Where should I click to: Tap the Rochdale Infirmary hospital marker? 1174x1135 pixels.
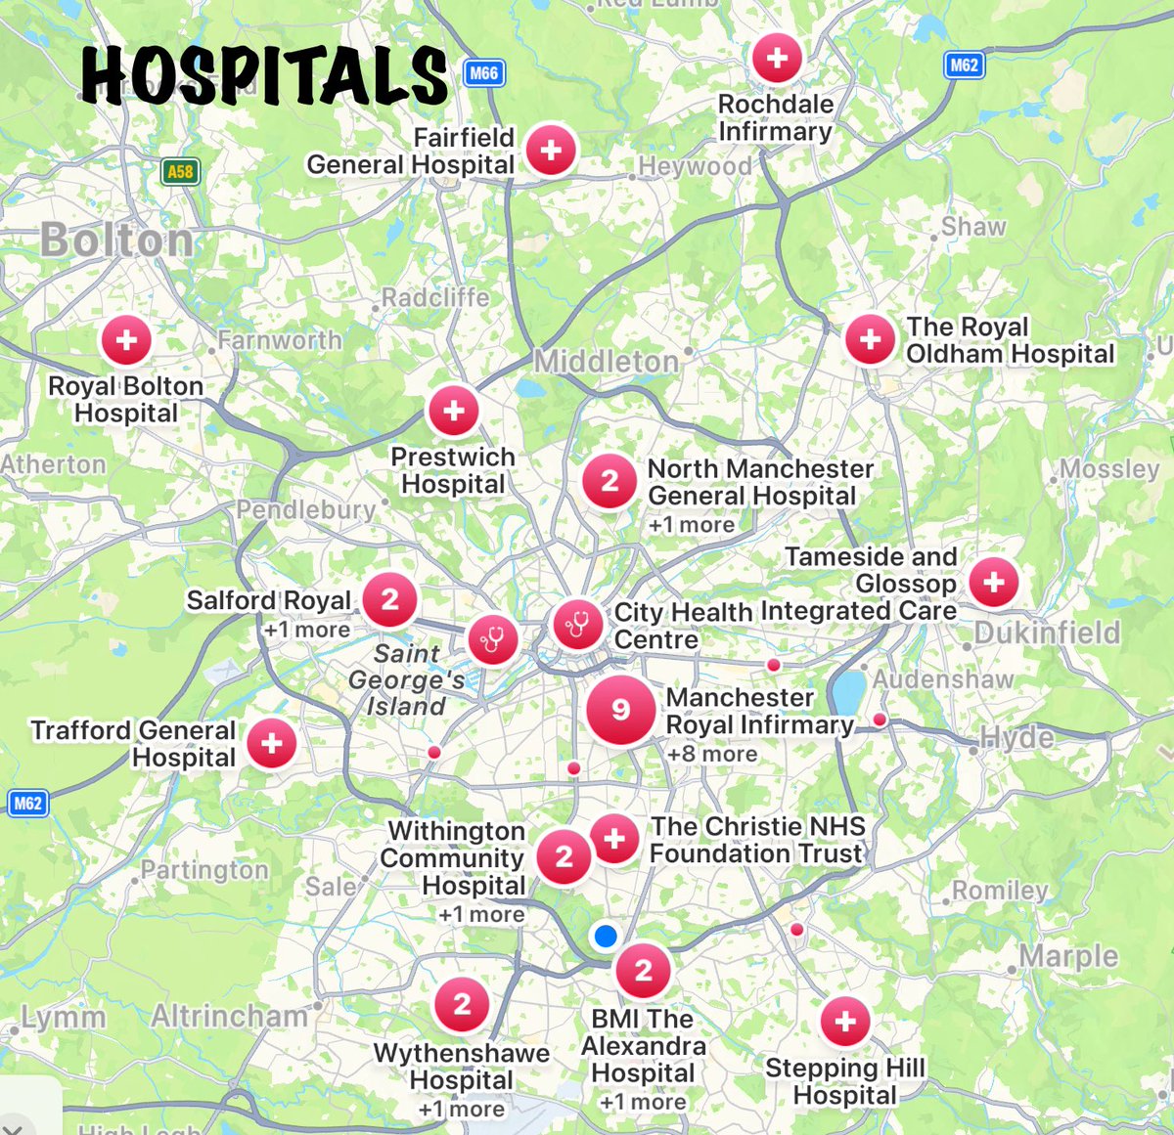tap(777, 58)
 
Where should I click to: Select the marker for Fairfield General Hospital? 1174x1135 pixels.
tap(551, 151)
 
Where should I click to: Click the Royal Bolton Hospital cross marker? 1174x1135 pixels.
tap(126, 340)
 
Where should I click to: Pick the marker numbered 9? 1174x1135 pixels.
tap(620, 710)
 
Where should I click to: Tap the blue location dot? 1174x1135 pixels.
tap(606, 937)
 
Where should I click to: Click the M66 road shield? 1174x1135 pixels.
tap(483, 73)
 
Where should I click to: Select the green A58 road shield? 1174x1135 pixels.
tap(180, 172)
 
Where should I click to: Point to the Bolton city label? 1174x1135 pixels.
tap(116, 240)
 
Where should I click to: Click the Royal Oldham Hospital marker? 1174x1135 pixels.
tap(870, 340)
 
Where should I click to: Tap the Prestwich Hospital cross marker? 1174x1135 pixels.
tap(453, 411)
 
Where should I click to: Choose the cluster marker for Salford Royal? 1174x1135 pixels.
tap(389, 599)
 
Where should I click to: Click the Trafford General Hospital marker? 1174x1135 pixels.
tap(272, 743)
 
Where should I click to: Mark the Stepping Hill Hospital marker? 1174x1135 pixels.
tap(845, 1022)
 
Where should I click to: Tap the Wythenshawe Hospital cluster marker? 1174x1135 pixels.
tap(462, 1004)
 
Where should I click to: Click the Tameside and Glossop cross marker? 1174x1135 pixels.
tap(994, 582)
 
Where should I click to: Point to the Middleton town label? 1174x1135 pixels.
tap(606, 362)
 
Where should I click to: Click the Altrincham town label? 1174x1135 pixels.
tap(229, 1017)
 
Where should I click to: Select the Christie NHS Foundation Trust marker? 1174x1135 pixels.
tap(614, 839)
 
